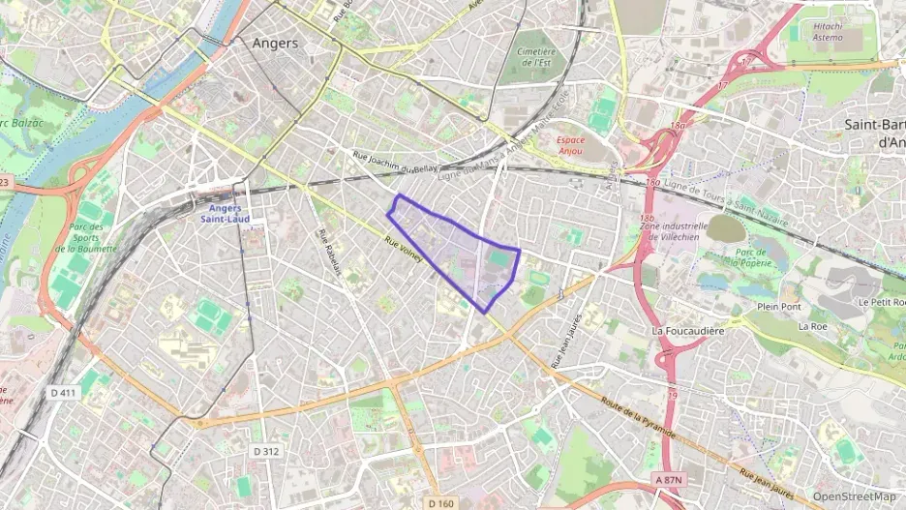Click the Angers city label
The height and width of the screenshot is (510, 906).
point(275,44)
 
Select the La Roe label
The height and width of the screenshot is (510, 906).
point(811,327)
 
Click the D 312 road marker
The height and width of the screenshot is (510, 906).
point(266,451)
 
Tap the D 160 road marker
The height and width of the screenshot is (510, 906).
point(440,502)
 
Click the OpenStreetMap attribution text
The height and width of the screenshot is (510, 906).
point(854,496)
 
